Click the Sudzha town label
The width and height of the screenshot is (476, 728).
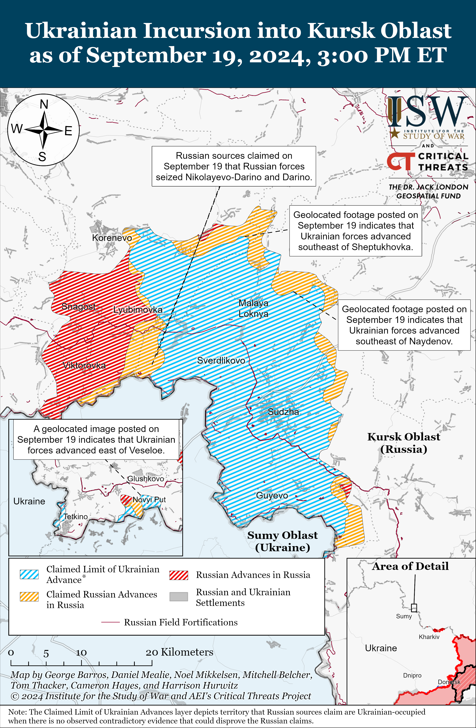(283, 412)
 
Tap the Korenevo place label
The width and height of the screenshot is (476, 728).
(112, 238)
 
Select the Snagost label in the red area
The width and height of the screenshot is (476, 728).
(79, 306)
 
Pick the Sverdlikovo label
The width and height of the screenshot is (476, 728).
(221, 360)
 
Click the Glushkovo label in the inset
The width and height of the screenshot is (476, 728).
(146, 478)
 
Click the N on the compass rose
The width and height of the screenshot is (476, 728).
(44, 105)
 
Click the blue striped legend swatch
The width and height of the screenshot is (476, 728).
(29, 574)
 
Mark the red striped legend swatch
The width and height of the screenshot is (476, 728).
(179, 575)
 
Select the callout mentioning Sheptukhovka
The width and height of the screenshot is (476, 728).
(355, 231)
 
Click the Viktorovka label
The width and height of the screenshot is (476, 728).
(84, 365)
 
